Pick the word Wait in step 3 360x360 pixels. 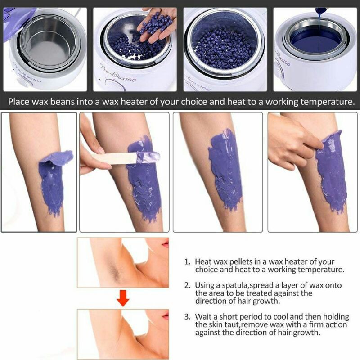204,317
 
